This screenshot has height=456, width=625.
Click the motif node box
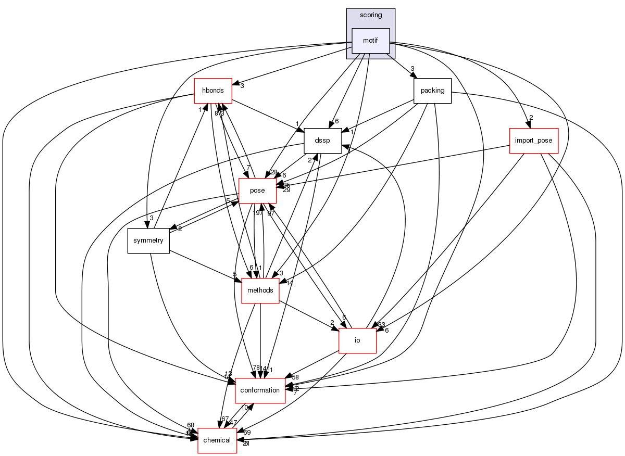(371, 41)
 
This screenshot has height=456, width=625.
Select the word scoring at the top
(371, 15)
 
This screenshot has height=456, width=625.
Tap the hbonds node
(213, 91)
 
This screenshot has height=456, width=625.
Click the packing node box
(432, 91)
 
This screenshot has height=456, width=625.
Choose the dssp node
(322, 141)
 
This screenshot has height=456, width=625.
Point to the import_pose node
(533, 141)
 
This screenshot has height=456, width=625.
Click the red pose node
(257, 191)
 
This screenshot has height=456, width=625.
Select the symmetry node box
(148, 240)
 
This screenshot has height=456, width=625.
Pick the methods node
(260, 290)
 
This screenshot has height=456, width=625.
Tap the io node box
(357, 340)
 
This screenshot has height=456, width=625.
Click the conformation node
(260, 390)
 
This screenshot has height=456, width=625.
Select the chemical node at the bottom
(217, 440)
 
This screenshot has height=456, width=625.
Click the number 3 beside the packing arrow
(412, 69)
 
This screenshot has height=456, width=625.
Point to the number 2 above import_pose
(531, 118)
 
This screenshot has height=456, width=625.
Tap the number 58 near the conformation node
(295, 377)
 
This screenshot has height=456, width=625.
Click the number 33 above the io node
(382, 325)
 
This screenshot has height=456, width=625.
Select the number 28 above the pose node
(274, 172)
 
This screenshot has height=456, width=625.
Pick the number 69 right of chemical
(247, 433)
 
